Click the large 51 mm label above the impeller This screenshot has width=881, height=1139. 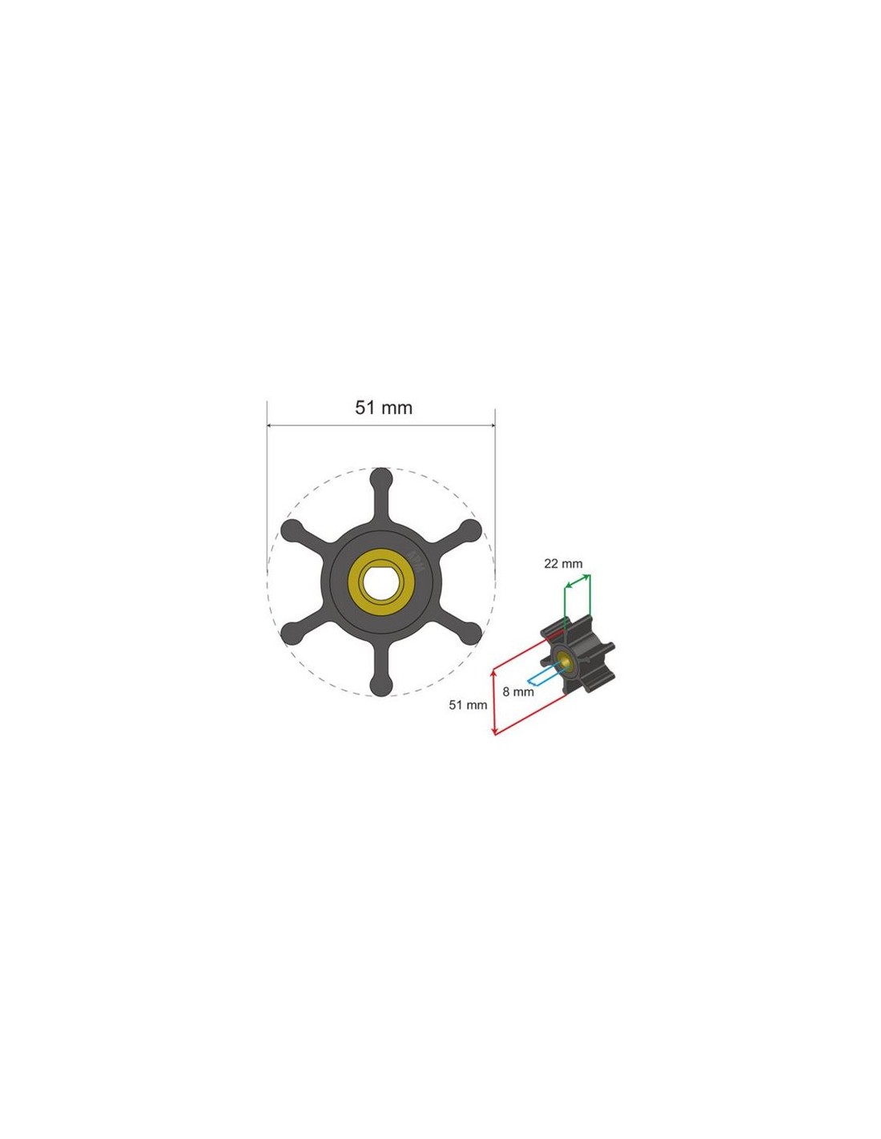(384, 407)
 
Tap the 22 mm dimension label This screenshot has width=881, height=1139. (563, 563)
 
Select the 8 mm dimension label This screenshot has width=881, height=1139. (518, 691)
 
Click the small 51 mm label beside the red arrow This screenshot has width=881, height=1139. (468, 705)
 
